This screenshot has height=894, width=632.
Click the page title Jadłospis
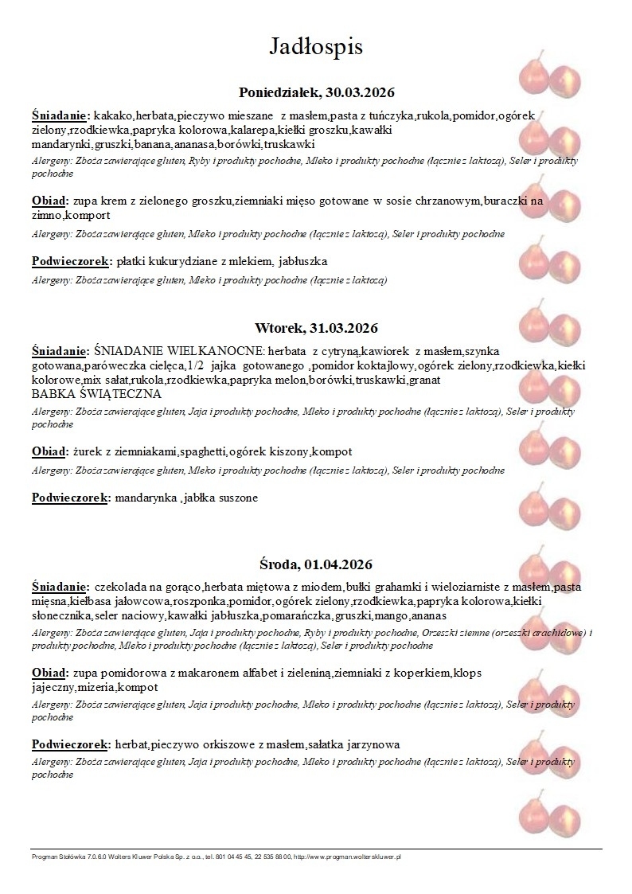tap(316, 46)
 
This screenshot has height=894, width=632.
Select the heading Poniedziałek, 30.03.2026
tap(317, 92)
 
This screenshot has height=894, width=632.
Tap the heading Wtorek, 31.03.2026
tap(316, 328)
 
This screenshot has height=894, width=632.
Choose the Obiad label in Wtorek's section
tap(49, 451)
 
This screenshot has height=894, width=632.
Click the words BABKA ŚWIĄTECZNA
tap(96, 394)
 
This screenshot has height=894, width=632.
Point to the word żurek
tap(86, 451)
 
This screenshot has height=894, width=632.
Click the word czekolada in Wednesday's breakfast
tap(121, 587)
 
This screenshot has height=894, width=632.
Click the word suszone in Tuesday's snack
tap(238, 498)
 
